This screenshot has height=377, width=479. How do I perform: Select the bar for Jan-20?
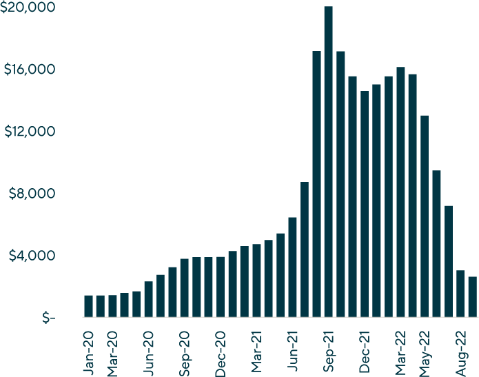tap(88, 306)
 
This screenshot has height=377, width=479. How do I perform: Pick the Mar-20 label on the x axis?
tap(112, 352)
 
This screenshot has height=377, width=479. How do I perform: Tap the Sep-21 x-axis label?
tap(329, 352)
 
